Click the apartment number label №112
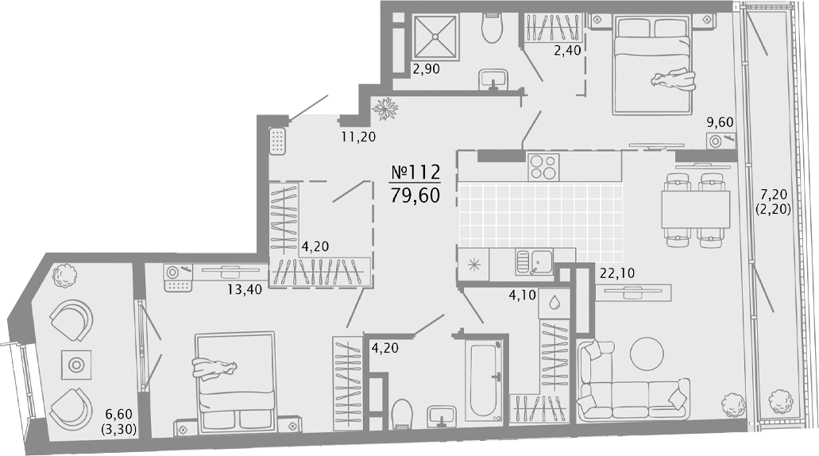(x=415, y=172)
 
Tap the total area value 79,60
(x=415, y=195)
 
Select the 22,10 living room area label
(x=617, y=272)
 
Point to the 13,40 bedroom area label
(x=245, y=289)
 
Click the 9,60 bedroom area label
(x=720, y=122)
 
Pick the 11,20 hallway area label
(x=358, y=137)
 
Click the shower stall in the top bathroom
(x=435, y=37)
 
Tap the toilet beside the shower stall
(x=491, y=29)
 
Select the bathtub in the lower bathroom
(x=484, y=380)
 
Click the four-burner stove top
(x=543, y=167)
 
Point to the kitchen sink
(x=535, y=261)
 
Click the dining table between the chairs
(x=695, y=210)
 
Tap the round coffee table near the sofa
(x=647, y=354)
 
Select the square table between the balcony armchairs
(x=76, y=365)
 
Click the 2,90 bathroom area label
(x=427, y=69)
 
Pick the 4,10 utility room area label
(x=523, y=295)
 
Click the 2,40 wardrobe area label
(x=567, y=50)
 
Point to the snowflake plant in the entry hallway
(x=385, y=108)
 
